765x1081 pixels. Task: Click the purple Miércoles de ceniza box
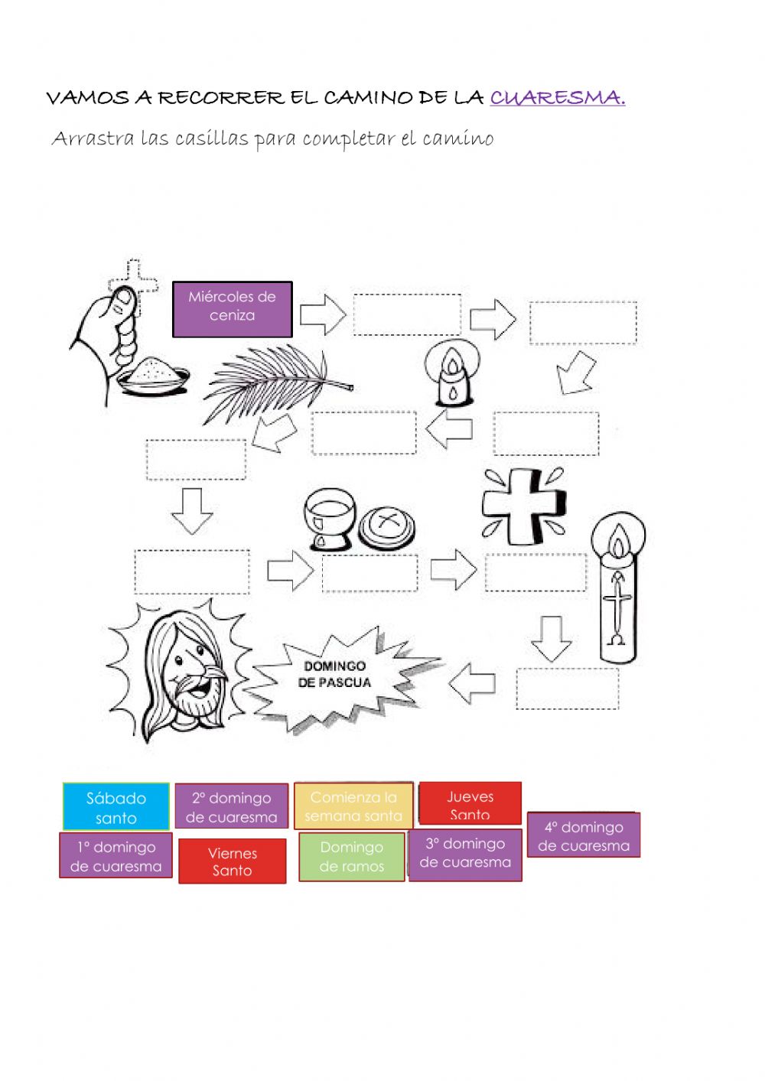(232, 309)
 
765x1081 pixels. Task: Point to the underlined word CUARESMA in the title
(558, 97)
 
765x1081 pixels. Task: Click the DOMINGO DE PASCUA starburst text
(334, 674)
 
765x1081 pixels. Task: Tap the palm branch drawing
(278, 383)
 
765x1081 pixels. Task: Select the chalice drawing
(330, 519)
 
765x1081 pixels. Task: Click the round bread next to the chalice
(387, 527)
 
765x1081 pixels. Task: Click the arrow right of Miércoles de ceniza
(323, 314)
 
